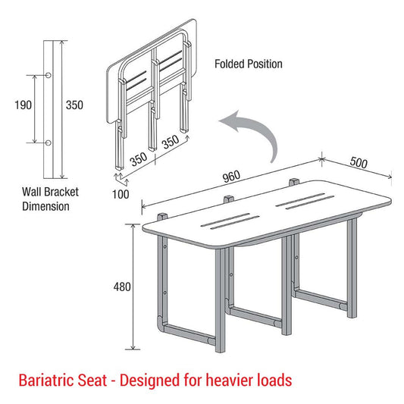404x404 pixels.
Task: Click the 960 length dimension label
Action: coord(231,177)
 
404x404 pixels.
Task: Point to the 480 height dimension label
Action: coord(122,287)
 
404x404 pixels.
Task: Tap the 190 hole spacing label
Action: coord(23,105)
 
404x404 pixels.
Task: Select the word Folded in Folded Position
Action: coord(230,64)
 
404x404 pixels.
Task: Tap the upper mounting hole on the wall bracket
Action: coord(48,74)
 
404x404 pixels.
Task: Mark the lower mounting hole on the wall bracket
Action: coord(48,142)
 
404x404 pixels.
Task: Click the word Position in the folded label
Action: coord(265,64)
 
